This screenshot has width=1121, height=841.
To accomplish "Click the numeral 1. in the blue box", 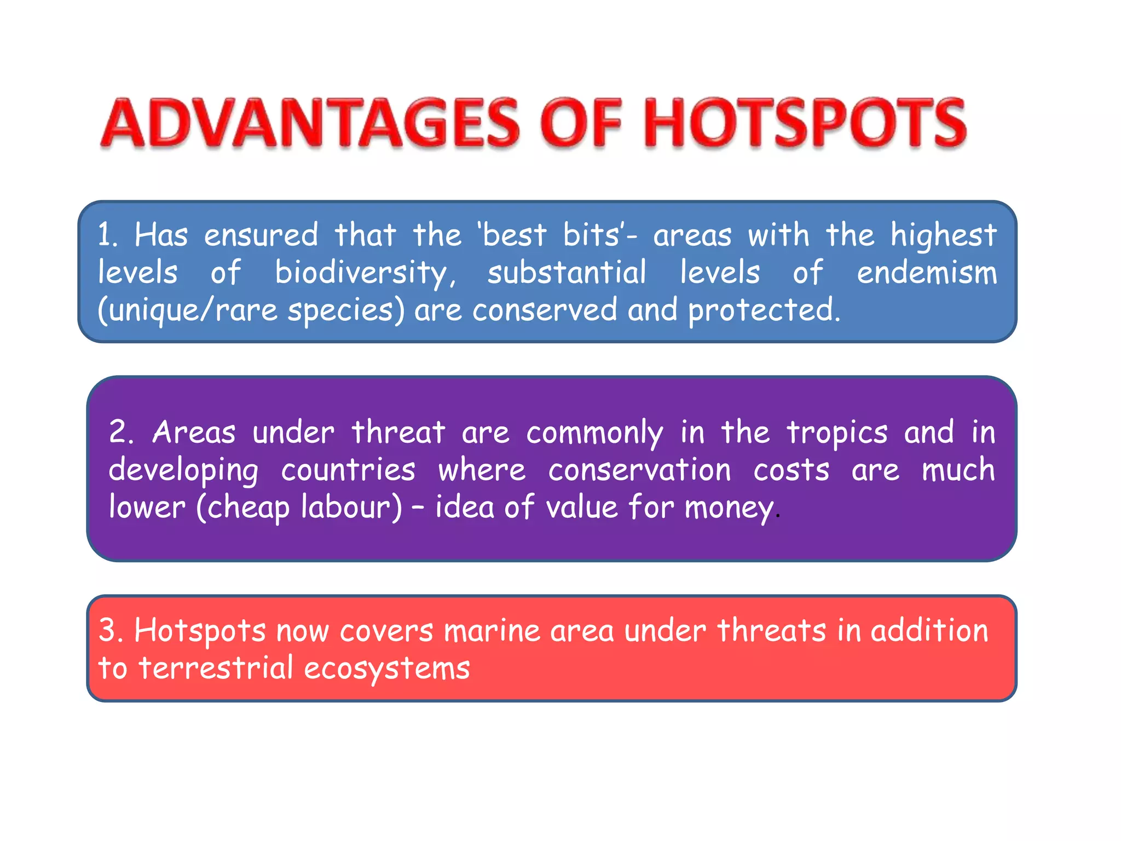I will coord(108,235).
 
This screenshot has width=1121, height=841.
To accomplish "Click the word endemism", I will coord(927,273).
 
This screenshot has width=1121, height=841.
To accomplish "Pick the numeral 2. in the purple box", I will coord(121,433).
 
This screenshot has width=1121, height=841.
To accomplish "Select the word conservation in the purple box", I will coord(639,470).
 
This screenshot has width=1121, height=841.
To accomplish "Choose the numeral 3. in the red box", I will coord(110,631).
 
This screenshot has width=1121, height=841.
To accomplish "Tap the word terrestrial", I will coord(216,669).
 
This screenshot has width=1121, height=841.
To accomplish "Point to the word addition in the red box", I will coord(929,631).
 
